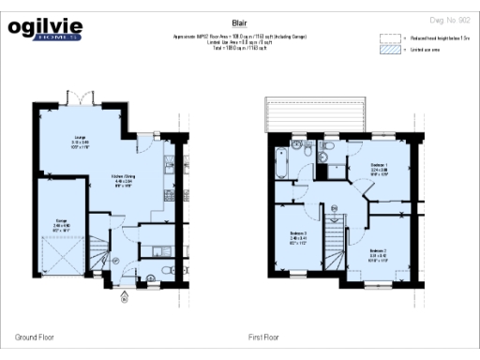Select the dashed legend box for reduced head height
389,39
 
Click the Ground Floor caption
34,336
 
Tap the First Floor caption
266,336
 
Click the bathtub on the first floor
282,160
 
